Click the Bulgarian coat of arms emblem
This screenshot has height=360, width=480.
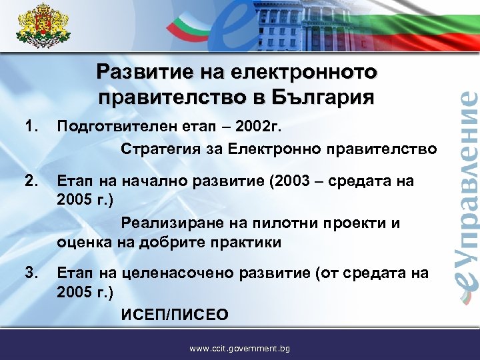tap(41, 26)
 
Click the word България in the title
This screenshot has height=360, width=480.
tap(322, 97)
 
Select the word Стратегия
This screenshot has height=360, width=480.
tap(158, 149)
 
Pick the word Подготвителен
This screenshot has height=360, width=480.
tap(117, 125)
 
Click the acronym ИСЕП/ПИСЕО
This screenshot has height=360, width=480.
tap(174, 314)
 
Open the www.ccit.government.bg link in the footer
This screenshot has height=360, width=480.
tap(239, 348)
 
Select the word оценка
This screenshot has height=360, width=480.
tap(83, 243)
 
